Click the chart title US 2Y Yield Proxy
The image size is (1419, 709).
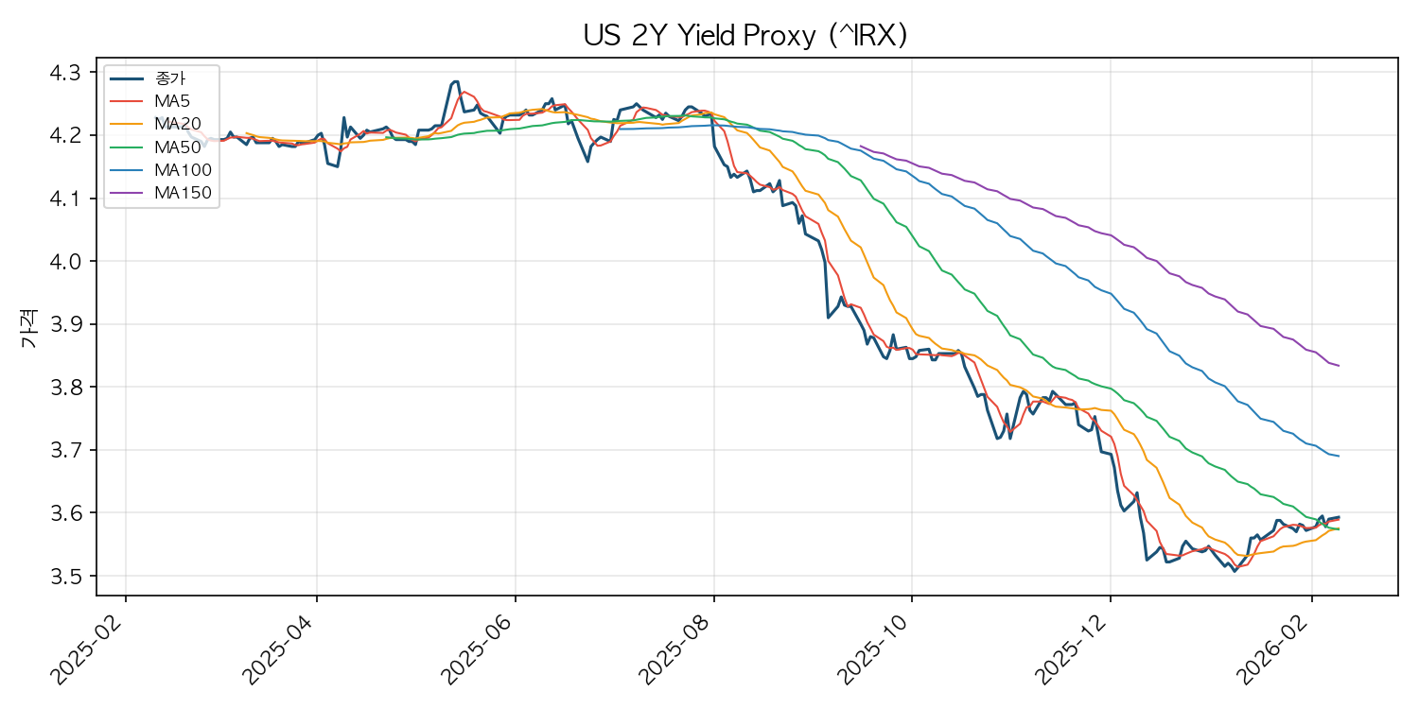745,35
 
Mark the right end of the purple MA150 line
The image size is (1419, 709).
1339,366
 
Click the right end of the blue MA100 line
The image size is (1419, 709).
1339,457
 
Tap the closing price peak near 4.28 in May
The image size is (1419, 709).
456,81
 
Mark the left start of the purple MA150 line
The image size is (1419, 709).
860,147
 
